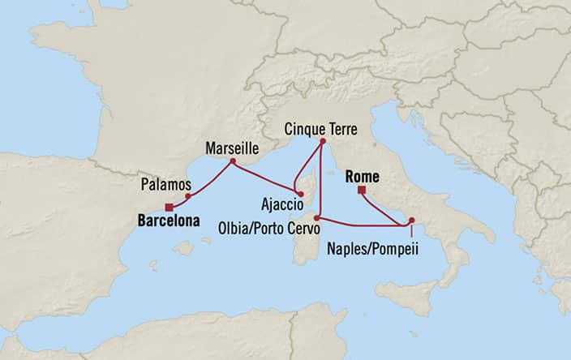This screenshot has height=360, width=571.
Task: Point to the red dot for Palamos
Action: click(x=188, y=196)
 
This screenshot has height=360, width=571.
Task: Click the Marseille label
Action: click(x=232, y=149)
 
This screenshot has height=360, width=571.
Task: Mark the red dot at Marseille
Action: click(x=233, y=161)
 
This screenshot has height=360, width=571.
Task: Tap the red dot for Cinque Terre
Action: click(x=322, y=142)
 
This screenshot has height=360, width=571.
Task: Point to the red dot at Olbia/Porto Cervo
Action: click(x=317, y=217)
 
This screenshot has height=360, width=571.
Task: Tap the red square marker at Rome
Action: click(x=362, y=191)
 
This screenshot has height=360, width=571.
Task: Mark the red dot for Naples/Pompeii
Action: click(x=412, y=220)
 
